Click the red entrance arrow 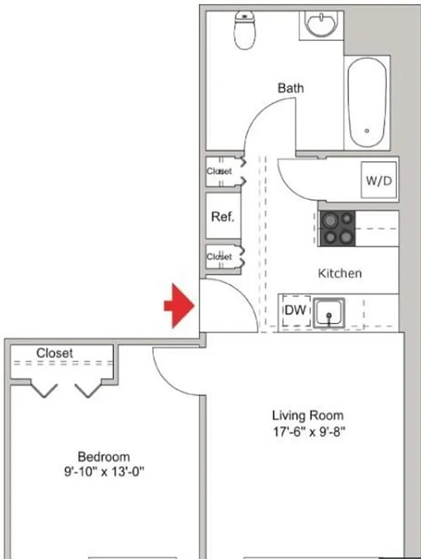(x=179, y=305)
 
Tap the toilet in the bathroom (x=244, y=31)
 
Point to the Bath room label (x=291, y=88)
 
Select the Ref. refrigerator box (x=222, y=217)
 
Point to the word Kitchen (x=340, y=273)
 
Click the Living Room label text (x=308, y=416)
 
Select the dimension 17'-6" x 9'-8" (x=309, y=431)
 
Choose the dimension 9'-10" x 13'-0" (x=103, y=472)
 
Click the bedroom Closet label (x=54, y=354)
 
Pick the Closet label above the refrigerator (x=219, y=171)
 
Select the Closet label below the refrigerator (x=219, y=257)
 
